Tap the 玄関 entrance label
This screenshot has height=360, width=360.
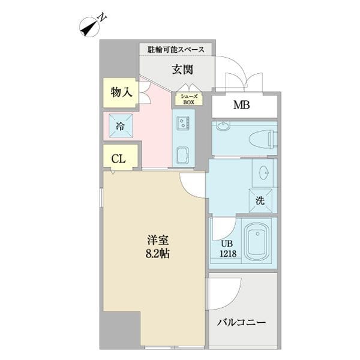click(182, 70)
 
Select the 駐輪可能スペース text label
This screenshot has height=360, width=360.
click(176, 49)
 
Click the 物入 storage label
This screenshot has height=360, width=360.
click(121, 92)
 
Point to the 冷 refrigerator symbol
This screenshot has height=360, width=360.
click(120, 126)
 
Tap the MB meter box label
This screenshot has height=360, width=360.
click(242, 106)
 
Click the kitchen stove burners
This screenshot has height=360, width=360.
click(184, 124)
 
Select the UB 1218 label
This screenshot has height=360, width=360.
click(227, 248)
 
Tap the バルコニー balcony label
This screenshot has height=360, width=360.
click(242, 322)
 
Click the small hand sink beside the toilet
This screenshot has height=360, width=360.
click(222, 126)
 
